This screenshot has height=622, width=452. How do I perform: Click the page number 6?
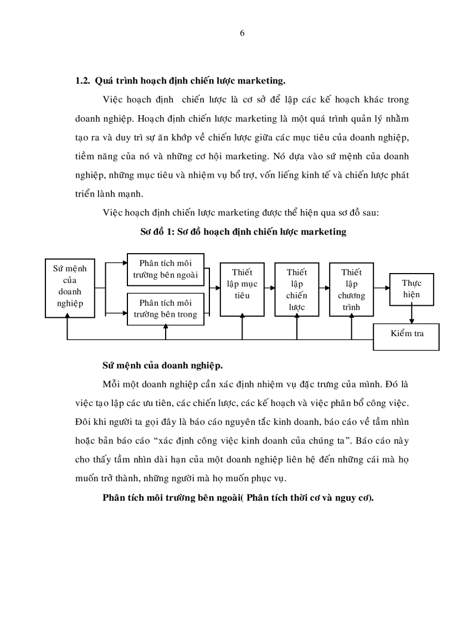242,33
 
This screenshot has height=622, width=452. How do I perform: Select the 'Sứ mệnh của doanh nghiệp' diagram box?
68,287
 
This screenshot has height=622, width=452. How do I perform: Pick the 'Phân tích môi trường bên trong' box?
165,309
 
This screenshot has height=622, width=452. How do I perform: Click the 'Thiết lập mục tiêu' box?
242,287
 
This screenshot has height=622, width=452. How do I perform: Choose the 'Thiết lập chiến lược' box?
296,289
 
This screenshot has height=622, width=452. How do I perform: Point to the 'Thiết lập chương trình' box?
351,289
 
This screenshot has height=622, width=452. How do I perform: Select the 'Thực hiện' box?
411,289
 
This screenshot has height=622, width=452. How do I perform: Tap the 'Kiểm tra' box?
407,334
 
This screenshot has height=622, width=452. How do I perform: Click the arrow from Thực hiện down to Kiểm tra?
411,315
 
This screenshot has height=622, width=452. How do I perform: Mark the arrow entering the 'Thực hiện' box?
384,288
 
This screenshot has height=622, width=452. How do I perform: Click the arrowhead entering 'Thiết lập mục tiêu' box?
217,288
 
